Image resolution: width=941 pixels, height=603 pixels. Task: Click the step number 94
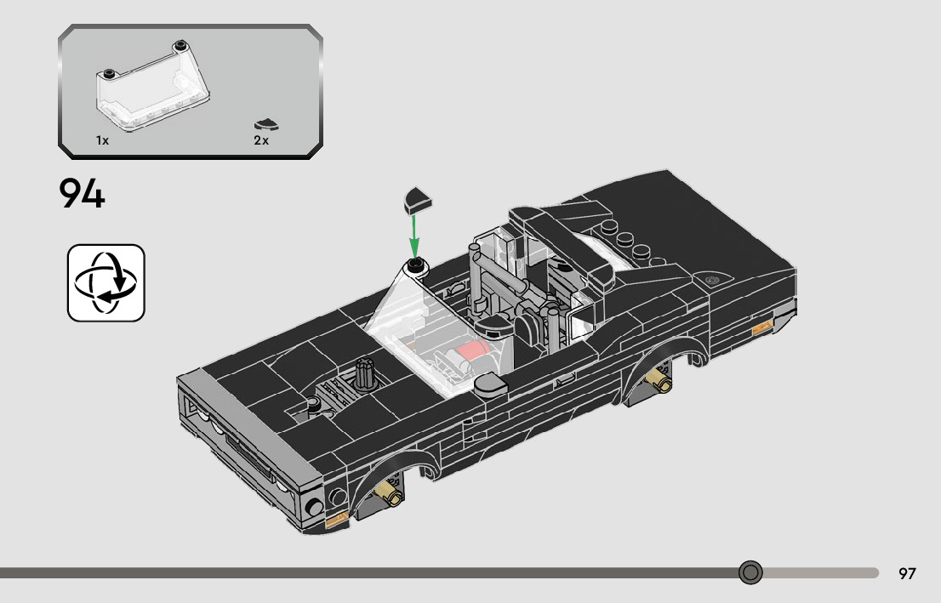click(83, 192)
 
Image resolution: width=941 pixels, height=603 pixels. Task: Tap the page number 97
click(907, 573)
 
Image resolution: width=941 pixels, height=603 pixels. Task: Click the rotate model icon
click(106, 282)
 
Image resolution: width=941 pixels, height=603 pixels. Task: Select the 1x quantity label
click(103, 140)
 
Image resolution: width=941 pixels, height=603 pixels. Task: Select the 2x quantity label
click(261, 140)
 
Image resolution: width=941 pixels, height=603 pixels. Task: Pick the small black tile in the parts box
click(266, 125)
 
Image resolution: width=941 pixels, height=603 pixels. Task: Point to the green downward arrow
click(414, 235)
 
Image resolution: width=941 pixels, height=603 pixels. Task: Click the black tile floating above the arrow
click(418, 200)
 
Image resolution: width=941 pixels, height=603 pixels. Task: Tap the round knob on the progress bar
click(750, 572)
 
